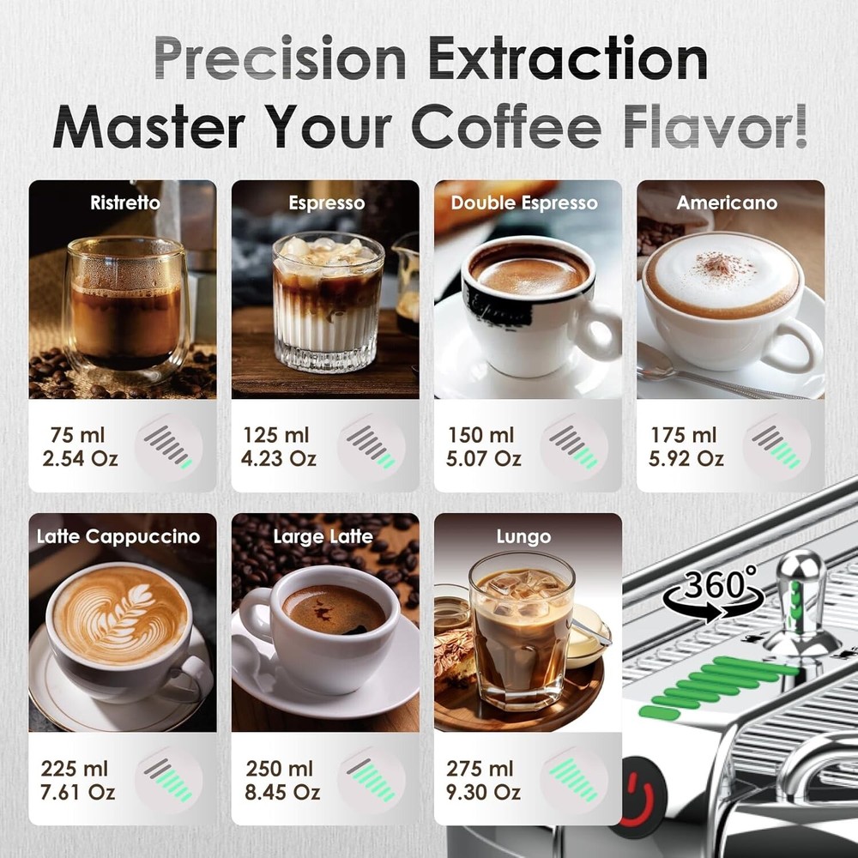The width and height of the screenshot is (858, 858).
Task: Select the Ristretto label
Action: pos(125,203)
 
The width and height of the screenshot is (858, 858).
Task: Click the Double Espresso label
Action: pos(523,203)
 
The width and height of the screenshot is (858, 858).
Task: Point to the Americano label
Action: pos(727,203)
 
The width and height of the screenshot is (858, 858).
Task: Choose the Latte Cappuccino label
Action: pos(118,537)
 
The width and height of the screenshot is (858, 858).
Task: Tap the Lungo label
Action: pos(523,537)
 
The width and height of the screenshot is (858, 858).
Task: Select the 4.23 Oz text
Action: pos(279,458)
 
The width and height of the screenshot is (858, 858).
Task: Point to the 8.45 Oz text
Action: pos(279,791)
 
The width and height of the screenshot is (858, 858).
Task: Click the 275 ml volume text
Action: pos(480,769)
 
